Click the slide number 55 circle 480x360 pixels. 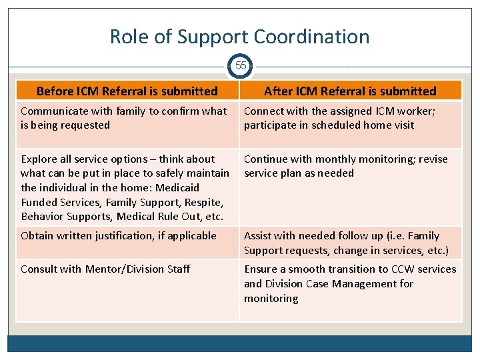coord(241,66)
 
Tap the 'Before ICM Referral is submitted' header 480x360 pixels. coord(127,91)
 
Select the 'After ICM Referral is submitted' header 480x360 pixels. coord(350,91)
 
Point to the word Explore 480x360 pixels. coord(39,159)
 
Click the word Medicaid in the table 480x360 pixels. coord(175,187)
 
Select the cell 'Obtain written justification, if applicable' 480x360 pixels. coord(119,235)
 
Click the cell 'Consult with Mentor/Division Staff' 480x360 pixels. coord(105,269)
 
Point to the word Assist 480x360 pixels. coord(259,235)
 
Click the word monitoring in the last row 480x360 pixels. coord(271,298)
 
